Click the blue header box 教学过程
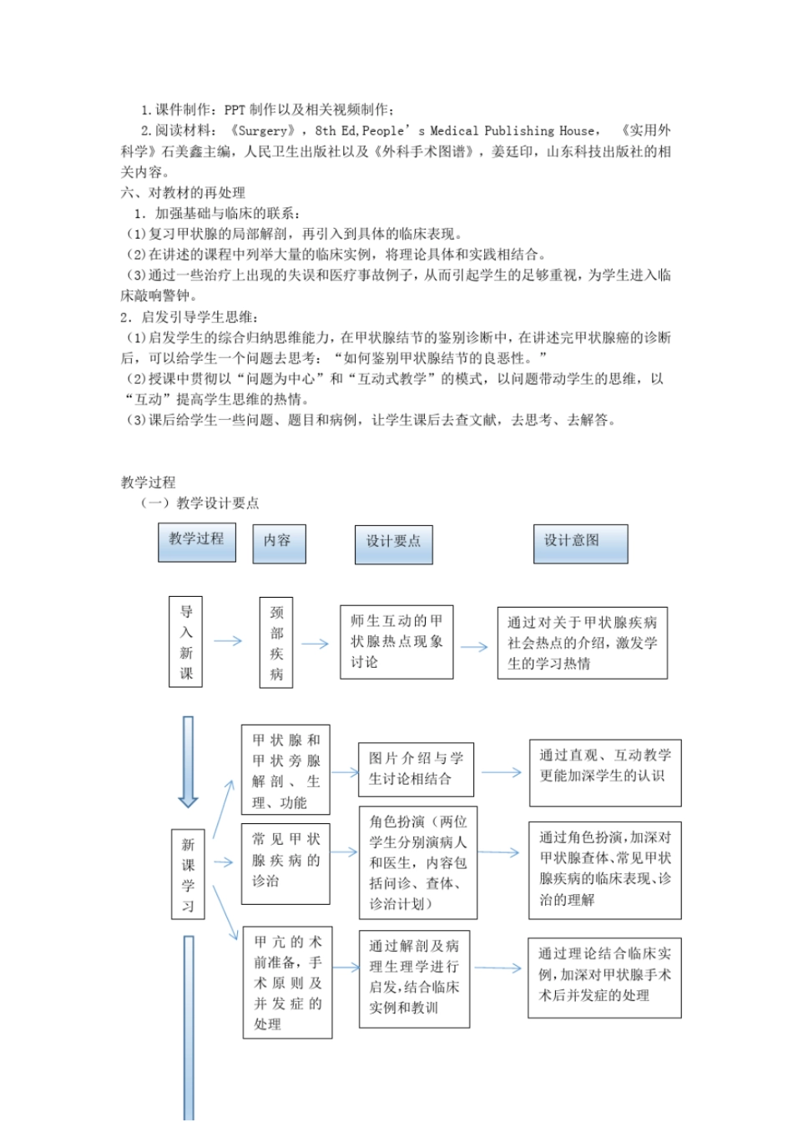coord(196,541)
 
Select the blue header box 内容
coord(279,543)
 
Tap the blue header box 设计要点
coord(393,543)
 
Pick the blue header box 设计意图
coord(580,543)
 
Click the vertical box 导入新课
coord(186,641)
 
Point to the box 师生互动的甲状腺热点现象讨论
coord(396,641)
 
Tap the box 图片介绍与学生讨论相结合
coord(416,769)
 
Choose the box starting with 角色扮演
coord(417,862)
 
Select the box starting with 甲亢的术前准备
coord(287,983)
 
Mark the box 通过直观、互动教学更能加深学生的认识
coord(604,772)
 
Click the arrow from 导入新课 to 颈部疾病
coord(227,641)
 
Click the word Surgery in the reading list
coord(263,130)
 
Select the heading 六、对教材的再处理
coord(183,193)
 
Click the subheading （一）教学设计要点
coord(200,503)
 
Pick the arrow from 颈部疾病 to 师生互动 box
coord(315,644)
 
